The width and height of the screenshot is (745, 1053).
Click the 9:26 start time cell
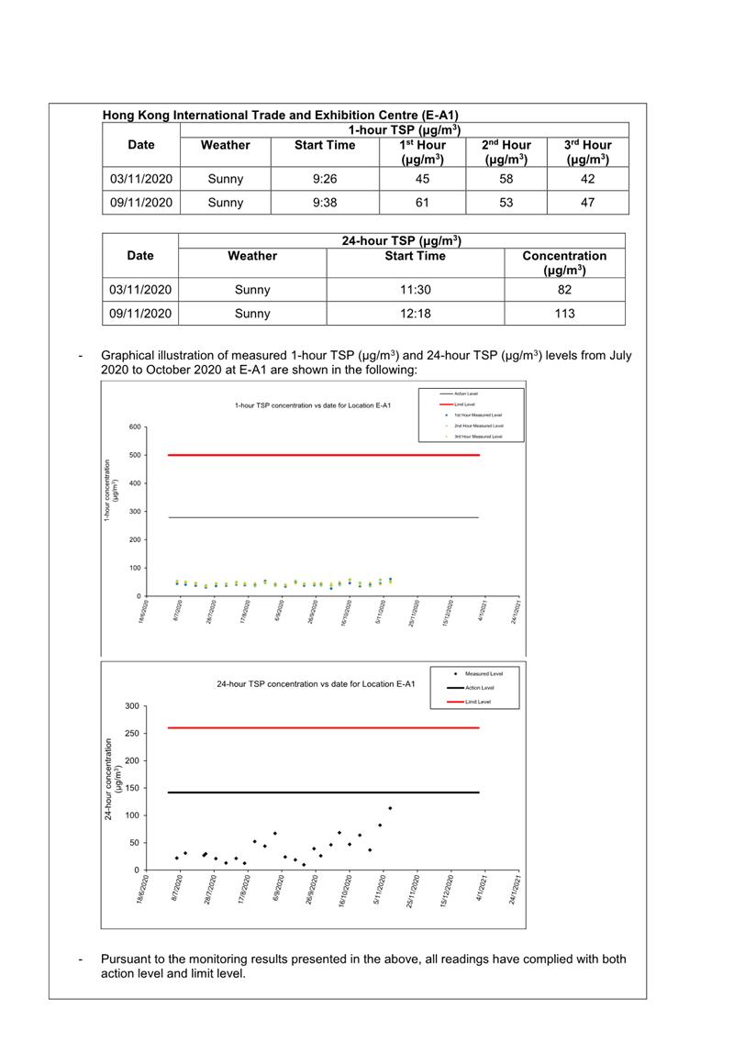coord(324,179)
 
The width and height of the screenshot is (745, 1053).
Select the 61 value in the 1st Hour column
coord(422,203)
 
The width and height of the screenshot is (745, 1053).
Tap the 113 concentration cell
coord(564,314)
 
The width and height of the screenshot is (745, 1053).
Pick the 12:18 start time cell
coord(415,314)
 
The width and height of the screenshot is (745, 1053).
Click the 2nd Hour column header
coord(506,152)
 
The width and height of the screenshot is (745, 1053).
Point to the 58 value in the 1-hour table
coord(506,179)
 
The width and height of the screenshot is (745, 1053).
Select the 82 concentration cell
coord(564,290)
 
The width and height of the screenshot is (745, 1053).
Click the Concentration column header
coord(564,262)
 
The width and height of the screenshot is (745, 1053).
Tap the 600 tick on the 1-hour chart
coord(135,427)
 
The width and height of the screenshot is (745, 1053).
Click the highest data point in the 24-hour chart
coord(390,808)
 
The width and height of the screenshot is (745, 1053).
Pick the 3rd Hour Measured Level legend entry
coord(478,437)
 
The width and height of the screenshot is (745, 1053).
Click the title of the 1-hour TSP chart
coord(313,405)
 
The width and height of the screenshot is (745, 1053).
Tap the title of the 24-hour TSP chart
coord(316,684)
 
